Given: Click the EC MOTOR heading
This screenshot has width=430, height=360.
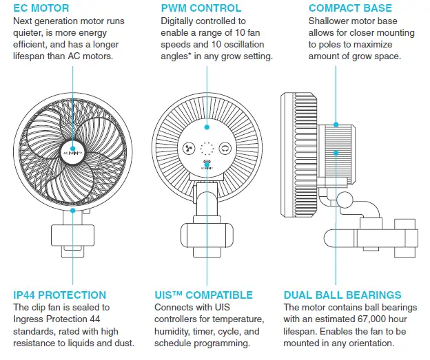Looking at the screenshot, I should [42, 8].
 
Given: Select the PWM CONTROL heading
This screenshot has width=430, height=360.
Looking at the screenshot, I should [201, 8].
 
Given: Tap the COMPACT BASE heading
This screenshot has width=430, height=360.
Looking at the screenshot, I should [350, 8].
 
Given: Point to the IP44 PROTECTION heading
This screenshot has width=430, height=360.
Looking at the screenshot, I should [60, 295].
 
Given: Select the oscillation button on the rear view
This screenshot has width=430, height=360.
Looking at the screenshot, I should [225, 147].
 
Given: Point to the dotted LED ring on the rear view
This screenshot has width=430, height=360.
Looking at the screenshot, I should [206, 147].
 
